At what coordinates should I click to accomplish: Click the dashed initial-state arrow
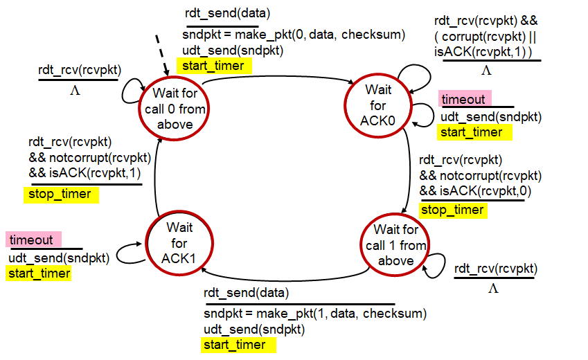click(x=162, y=55)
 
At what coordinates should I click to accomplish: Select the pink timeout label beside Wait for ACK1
click(x=33, y=240)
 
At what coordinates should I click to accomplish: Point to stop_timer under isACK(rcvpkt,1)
click(x=61, y=195)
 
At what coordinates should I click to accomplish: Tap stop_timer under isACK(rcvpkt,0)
click(x=453, y=210)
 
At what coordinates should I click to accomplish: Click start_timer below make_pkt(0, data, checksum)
click(x=214, y=66)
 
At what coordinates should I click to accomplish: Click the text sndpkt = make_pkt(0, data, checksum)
click(x=294, y=35)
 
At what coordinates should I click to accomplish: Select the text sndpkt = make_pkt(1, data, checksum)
click(x=315, y=314)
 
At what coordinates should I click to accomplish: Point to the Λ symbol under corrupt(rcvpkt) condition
click(x=486, y=70)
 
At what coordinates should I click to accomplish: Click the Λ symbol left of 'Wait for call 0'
click(x=75, y=91)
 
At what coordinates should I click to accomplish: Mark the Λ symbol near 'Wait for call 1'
click(x=494, y=288)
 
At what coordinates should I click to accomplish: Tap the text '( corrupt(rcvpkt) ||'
click(x=485, y=37)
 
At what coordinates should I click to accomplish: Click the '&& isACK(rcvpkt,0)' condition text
click(x=475, y=191)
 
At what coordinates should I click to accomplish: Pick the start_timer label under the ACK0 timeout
click(x=474, y=132)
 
